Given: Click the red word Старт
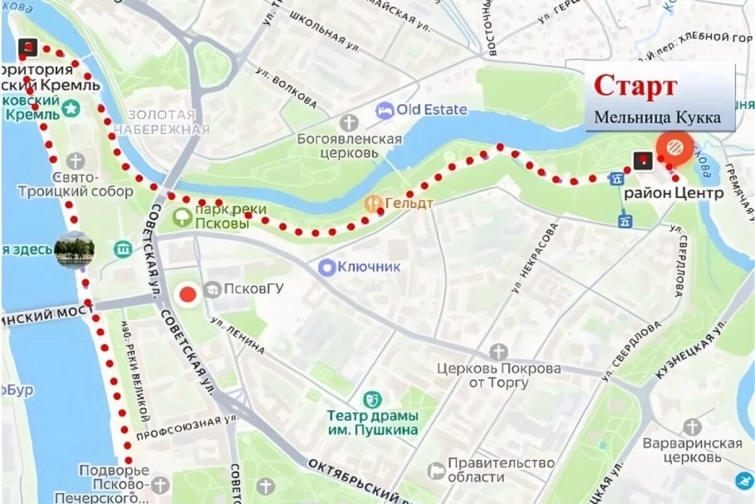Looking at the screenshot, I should tap(635, 86).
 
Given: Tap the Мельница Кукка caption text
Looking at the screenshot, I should tap(657, 117).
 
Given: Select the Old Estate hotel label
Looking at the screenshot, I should tap(432, 110).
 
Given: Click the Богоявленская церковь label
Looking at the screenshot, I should tap(349, 145).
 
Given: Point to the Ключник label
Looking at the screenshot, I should tap(369, 267).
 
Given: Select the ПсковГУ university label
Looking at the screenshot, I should tap(254, 289).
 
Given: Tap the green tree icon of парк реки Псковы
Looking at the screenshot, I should tap(182, 218).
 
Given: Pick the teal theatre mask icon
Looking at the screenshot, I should tap(372, 399).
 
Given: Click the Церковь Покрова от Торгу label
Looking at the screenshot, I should tap(499, 375).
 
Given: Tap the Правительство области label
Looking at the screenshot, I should tap(501, 470).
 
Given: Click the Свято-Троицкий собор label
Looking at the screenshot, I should tap(75, 185).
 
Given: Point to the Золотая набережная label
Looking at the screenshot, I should tap(162, 122).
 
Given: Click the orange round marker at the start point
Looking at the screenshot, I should tap(674, 147).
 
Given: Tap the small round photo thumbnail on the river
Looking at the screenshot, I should tap(74, 249).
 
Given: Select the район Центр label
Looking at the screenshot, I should tap(673, 193).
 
